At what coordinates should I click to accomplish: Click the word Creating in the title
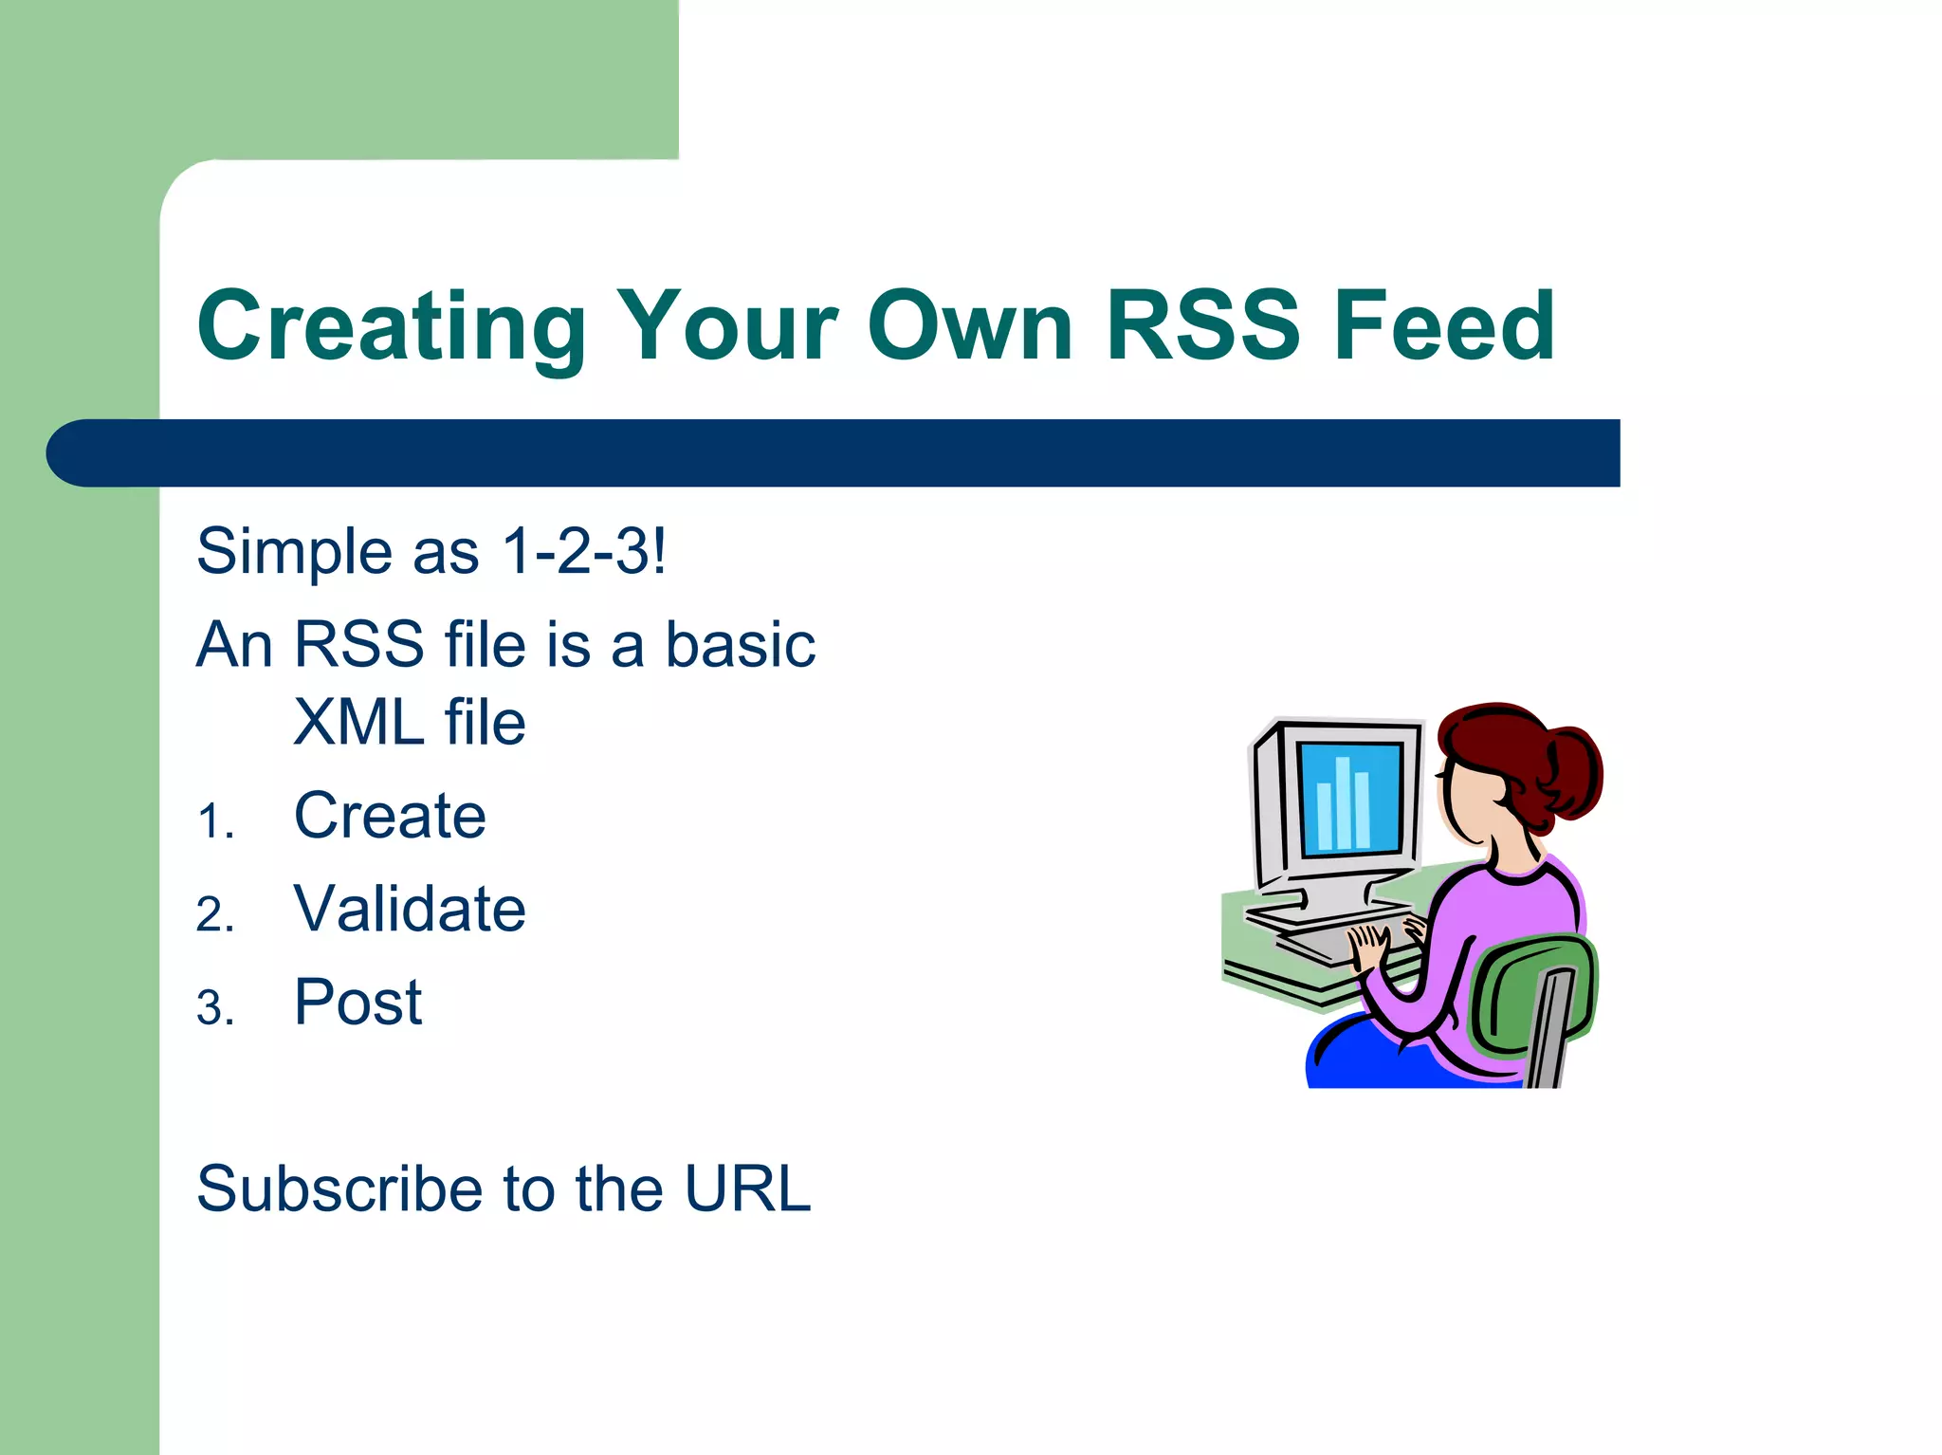(391, 327)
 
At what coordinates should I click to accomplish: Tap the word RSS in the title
(1202, 325)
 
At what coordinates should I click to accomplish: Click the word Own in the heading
(969, 325)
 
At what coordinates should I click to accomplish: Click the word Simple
(294, 552)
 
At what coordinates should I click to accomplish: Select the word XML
(358, 723)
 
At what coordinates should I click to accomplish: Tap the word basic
(740, 645)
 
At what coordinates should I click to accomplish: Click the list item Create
(390, 816)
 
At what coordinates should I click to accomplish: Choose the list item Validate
(410, 909)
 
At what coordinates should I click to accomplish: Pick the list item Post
(357, 1003)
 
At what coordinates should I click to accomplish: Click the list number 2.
(215, 915)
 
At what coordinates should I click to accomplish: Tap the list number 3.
(215, 1008)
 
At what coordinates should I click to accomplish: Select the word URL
(747, 1188)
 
